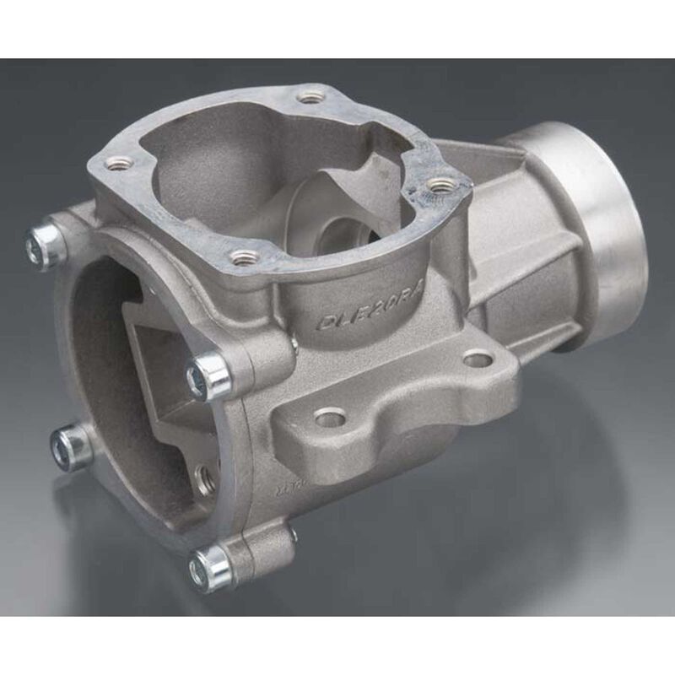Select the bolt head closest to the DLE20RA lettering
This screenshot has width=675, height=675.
(x=207, y=375)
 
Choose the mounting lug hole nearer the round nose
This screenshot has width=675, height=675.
(x=478, y=359)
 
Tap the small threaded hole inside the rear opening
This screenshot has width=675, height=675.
(x=205, y=478)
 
